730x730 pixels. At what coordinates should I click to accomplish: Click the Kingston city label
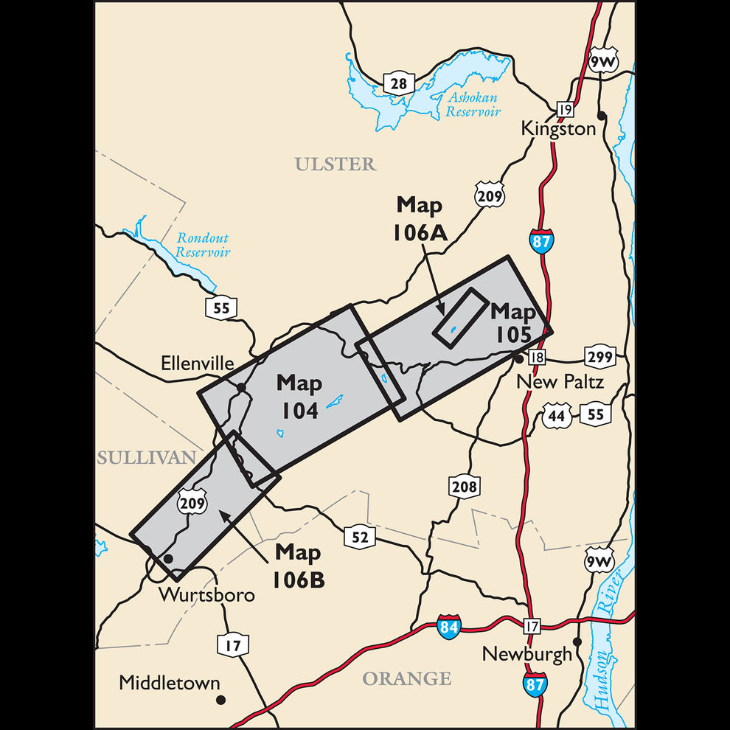pos(558,128)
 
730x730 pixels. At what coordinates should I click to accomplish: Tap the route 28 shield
pos(398,83)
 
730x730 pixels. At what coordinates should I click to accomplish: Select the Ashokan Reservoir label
pos(472,105)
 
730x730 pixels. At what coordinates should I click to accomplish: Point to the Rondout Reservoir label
pos(203,246)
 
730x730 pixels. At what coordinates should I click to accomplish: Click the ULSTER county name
pos(336,164)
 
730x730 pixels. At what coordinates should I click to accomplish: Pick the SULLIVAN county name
pos(146,458)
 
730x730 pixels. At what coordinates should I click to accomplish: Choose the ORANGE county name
pos(406,678)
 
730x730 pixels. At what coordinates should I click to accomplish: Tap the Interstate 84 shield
pos(448,628)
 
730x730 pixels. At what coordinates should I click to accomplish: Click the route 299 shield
pos(600,357)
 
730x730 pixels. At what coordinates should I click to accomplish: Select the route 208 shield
pos(464,487)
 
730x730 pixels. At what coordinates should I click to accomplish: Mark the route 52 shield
pos(359,538)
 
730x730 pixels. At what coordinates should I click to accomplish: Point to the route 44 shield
pos(557,415)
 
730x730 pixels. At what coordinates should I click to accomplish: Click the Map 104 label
pos(299,397)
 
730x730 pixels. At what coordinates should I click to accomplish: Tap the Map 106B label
pos(298,566)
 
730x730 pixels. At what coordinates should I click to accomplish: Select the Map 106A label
pos(419,218)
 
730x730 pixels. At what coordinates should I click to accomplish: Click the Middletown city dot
pos(220,699)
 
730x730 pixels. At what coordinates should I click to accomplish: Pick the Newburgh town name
pos(526,654)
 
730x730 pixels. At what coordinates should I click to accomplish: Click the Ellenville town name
pos(197,364)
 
